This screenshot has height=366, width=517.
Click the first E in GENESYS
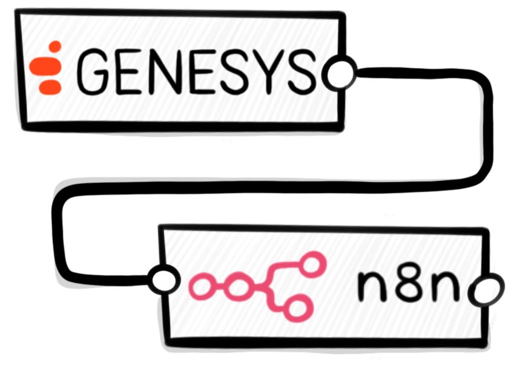[131, 71]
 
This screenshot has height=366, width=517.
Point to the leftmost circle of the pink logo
[202, 286]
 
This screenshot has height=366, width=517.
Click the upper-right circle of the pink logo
[312, 264]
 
